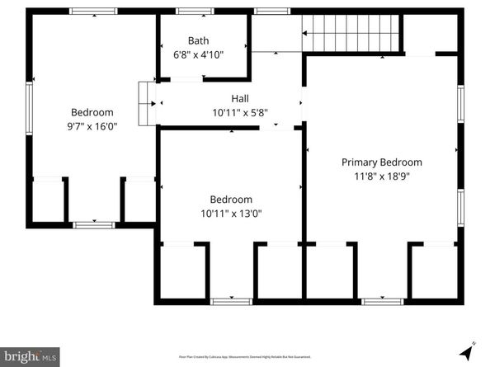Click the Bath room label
tap(198, 40)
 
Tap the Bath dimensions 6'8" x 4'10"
tap(198, 54)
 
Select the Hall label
tap(240, 98)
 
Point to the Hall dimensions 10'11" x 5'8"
tap(240, 113)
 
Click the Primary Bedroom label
tap(381, 162)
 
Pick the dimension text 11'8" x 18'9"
tap(381, 176)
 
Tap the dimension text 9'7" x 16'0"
tap(92, 127)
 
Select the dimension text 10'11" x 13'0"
tap(231, 214)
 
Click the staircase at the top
tap(351, 33)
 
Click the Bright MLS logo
tap(30, 356)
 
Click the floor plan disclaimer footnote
tap(245, 357)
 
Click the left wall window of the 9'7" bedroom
tap(30, 107)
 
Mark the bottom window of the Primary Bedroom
tap(382, 302)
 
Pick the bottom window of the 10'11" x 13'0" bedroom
tap(231, 302)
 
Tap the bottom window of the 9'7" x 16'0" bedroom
tap(93, 223)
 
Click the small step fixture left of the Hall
tap(147, 103)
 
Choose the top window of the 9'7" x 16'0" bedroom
tap(92, 12)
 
